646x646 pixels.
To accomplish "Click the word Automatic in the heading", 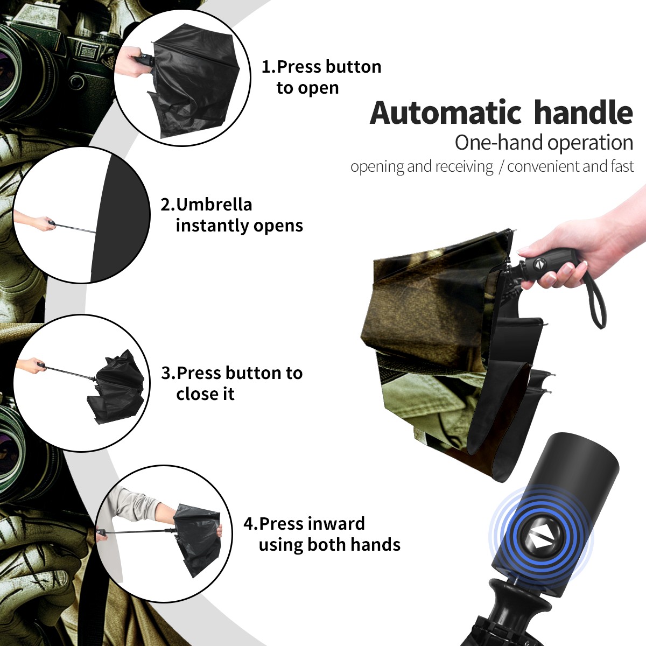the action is (x=446, y=113).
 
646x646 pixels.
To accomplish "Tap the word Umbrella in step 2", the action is (x=214, y=205).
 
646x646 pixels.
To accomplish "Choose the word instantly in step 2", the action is (x=213, y=225).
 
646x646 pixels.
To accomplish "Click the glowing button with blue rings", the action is (x=540, y=540).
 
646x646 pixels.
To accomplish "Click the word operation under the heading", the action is (x=591, y=143).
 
